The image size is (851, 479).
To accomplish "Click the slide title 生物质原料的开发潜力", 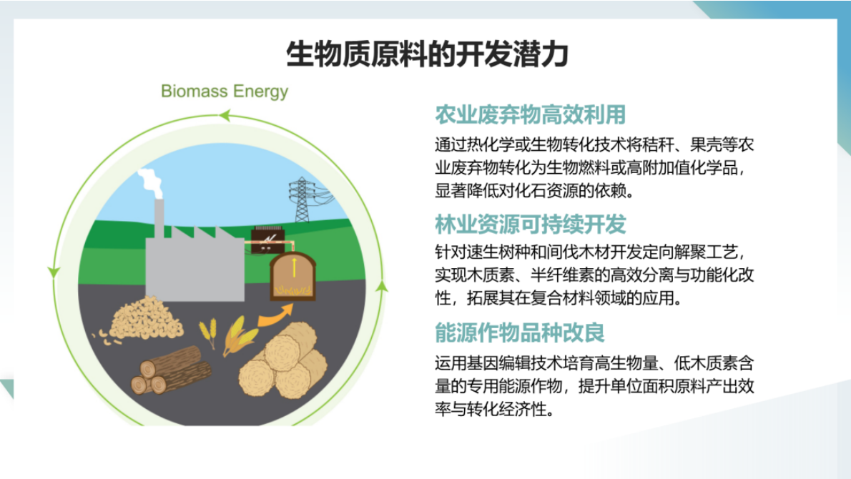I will coord(427,54).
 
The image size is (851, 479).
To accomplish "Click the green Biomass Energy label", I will coord(225,92).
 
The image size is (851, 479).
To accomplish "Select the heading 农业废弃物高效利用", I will coord(531,114).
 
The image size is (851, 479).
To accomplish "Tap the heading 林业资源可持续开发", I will coord(531,224).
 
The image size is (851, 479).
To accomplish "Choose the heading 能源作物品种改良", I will coord(521,333).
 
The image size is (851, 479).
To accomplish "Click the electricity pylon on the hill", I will coord(302,199).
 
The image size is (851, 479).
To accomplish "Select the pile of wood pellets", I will coord(143,319).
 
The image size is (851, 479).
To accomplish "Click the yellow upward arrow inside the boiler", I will coord(293,266).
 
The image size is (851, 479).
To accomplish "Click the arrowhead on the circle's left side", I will coord(52,272).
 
